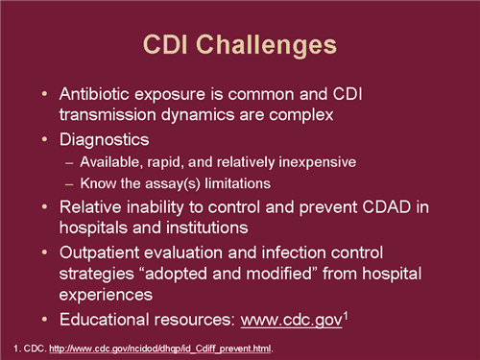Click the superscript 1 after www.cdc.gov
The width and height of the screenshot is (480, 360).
347,313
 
